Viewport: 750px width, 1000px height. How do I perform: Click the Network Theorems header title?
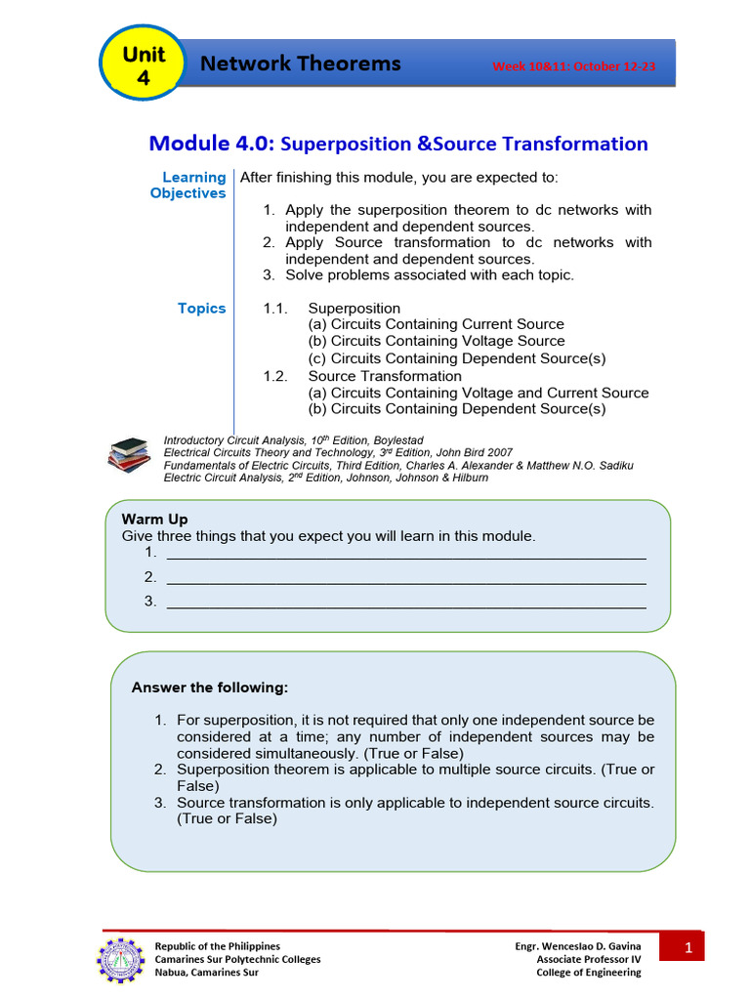(300, 64)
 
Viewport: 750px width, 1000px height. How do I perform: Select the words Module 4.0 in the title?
(212, 144)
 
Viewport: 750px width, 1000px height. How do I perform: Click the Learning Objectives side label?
(190, 186)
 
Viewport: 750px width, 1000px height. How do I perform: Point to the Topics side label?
(201, 309)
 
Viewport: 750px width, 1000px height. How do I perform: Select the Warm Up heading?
(154, 520)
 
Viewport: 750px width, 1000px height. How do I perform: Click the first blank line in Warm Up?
(406, 554)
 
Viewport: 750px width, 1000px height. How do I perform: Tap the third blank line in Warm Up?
(406, 603)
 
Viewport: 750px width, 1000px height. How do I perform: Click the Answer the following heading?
(210, 688)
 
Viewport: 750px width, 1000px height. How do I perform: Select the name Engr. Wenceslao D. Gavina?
(578, 946)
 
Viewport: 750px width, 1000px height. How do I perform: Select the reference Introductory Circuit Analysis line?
(293, 441)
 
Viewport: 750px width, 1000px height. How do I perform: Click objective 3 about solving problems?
(430, 275)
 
